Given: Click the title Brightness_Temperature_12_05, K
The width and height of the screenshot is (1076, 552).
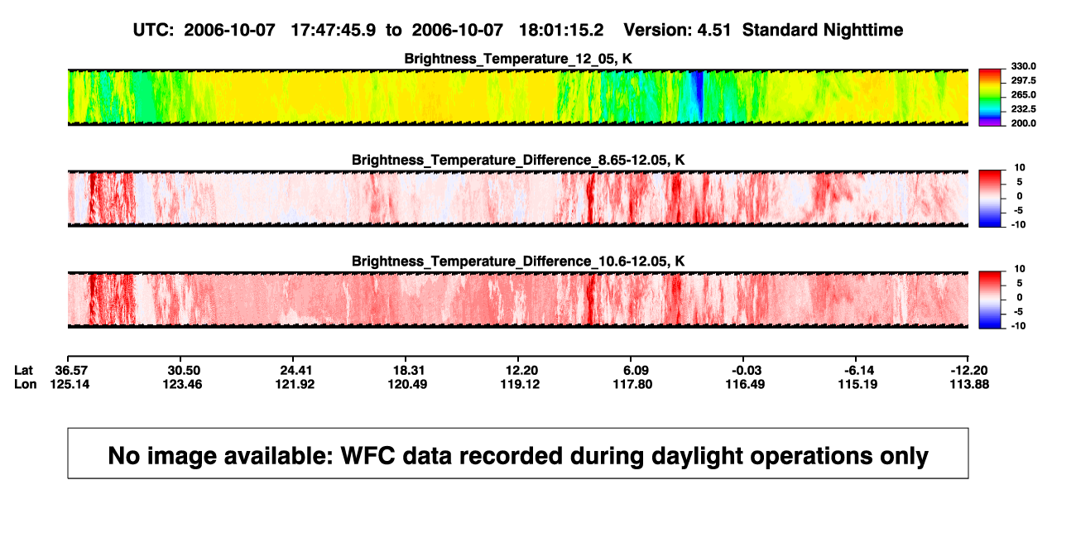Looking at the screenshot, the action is tap(518, 59).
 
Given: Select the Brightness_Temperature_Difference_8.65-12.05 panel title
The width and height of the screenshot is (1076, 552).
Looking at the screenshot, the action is tap(518, 160).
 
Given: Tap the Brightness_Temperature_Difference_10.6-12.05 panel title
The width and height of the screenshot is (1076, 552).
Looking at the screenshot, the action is tap(518, 262).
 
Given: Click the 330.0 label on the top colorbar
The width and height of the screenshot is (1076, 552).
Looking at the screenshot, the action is tap(1023, 66).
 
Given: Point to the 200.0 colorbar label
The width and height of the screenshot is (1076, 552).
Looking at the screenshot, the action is tap(1023, 123).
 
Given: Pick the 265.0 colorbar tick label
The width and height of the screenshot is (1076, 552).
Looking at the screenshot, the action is tap(1023, 94).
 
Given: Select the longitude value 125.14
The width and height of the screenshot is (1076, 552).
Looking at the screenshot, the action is tap(70, 384).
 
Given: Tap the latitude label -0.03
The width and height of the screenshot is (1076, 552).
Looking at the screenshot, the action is tap(746, 371).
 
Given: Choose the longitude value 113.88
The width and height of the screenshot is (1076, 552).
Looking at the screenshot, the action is tap(969, 384).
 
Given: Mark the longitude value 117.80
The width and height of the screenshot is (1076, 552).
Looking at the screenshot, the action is tap(632, 384).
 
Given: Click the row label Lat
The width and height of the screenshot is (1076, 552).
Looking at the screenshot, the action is tap(23, 371).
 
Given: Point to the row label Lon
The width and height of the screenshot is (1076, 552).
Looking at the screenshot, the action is tap(25, 384).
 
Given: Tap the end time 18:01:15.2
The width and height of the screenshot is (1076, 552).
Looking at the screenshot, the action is tap(561, 30).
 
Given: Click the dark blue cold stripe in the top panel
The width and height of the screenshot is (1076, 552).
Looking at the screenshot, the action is tap(699, 97).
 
